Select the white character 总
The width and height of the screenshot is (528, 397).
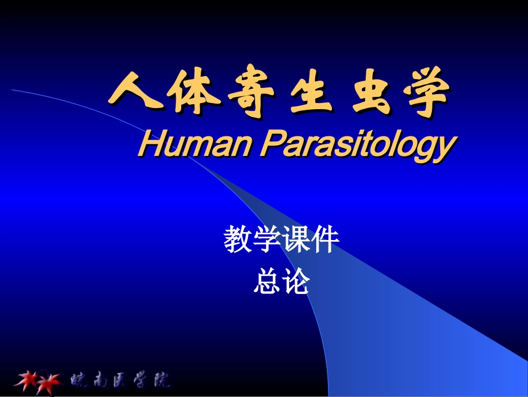[267, 281]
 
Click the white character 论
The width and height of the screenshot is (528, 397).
[296, 281]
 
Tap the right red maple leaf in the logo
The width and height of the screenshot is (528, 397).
[51, 381]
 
